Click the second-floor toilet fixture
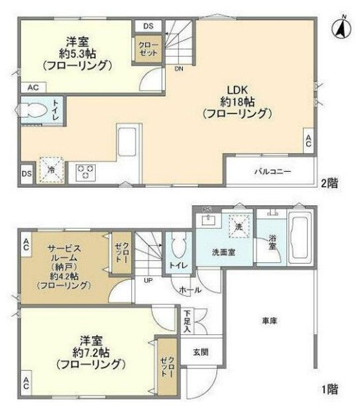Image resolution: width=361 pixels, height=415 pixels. pyautogui.click(x=31, y=110)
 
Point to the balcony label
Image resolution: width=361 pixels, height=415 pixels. pyautogui.click(x=273, y=172)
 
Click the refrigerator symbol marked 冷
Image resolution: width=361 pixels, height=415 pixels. pyautogui.click(x=51, y=170)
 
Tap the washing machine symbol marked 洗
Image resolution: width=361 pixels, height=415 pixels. pyautogui.click(x=239, y=226)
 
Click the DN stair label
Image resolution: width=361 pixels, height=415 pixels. pyautogui.click(x=179, y=69)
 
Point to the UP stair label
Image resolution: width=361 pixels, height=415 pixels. pyautogui.click(x=148, y=280)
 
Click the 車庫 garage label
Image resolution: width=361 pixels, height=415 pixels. pyautogui.click(x=270, y=321)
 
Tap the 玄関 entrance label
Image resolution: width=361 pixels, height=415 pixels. pyautogui.click(x=201, y=352)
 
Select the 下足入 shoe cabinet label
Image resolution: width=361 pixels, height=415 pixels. pyautogui.click(x=187, y=322)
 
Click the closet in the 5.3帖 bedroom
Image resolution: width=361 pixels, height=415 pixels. pyautogui.click(x=148, y=49)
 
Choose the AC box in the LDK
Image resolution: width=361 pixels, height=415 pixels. pyautogui.click(x=309, y=141)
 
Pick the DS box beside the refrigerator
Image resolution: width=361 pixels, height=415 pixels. pyautogui.click(x=27, y=173)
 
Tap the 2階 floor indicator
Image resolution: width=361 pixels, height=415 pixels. pyautogui.click(x=329, y=183)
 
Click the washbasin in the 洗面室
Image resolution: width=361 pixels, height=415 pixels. pyautogui.click(x=208, y=220)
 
